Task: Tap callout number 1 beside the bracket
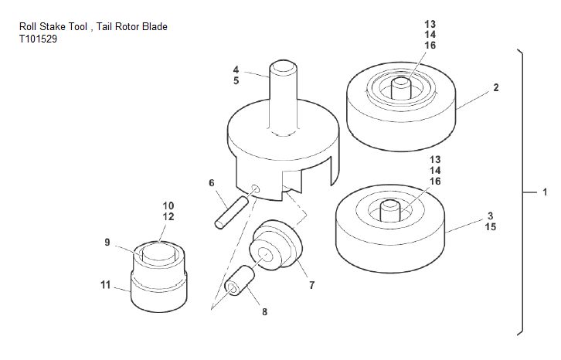click(544, 191)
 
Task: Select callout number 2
click(495, 87)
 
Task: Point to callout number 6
click(211, 183)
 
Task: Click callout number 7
click(311, 285)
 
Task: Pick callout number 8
click(264, 312)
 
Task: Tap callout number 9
click(107, 243)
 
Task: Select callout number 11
click(106, 285)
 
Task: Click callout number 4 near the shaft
click(236, 70)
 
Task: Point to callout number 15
click(491, 227)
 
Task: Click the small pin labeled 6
click(230, 210)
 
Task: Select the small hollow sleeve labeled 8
click(240, 282)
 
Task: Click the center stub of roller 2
click(403, 86)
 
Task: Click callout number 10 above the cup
click(168, 205)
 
